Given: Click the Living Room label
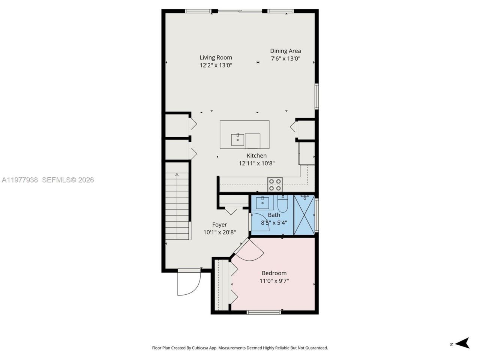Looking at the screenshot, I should point(216,57).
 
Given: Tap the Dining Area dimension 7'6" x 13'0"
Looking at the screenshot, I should point(285,58).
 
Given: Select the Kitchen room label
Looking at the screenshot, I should point(256,156).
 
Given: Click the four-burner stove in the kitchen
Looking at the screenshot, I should point(275,184).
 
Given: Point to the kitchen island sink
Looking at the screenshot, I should point(237,139).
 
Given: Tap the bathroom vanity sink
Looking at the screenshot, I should point(262,202).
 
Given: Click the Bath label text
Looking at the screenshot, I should point(274,215).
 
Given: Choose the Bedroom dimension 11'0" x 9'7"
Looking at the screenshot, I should point(274,281).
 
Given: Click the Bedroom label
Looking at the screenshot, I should point(274,273).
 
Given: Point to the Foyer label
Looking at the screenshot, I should point(219,225).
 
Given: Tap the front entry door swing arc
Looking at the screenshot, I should point(189,284).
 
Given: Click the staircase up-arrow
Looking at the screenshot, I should point(177,175).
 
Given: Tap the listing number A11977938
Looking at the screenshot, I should point(19,180).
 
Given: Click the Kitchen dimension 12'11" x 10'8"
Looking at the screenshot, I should point(256,163).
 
